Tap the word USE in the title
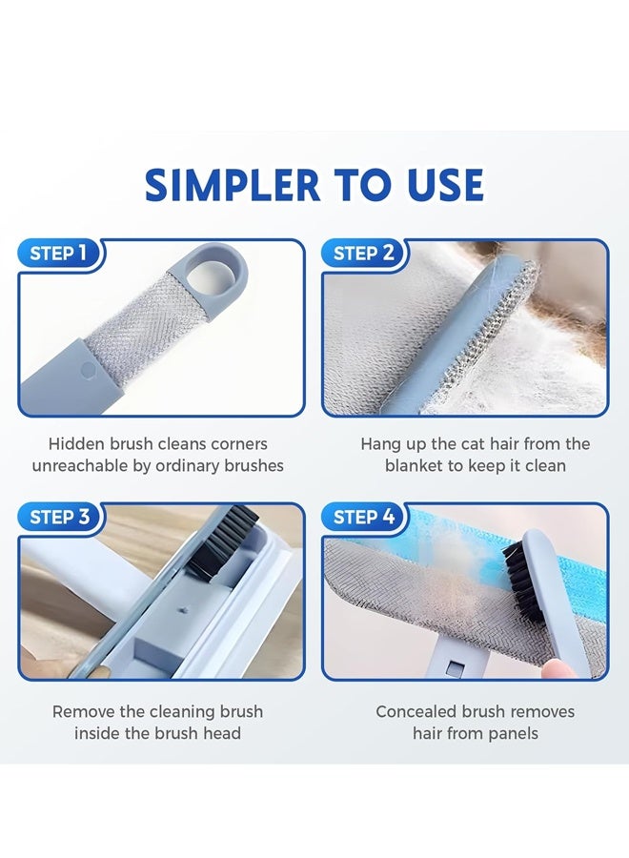pyautogui.click(x=441, y=185)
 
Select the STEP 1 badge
pyautogui.click(x=59, y=254)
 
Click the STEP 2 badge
pyautogui.click(x=363, y=254)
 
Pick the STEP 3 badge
pyautogui.click(x=59, y=518)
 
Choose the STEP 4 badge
pyautogui.click(x=363, y=518)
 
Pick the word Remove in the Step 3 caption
pyautogui.click(x=83, y=712)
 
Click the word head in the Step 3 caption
pyautogui.click(x=223, y=734)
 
